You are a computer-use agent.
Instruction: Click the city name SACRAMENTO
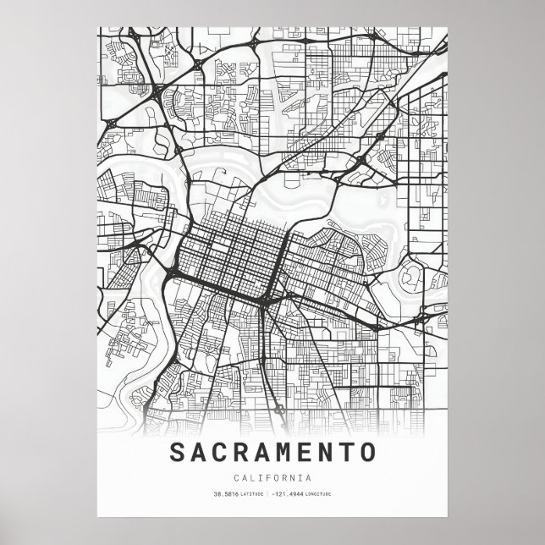(272, 452)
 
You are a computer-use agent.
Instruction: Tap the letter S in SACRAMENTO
(180, 452)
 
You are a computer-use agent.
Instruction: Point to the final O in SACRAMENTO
(366, 452)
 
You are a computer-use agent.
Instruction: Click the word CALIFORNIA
(272, 478)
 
